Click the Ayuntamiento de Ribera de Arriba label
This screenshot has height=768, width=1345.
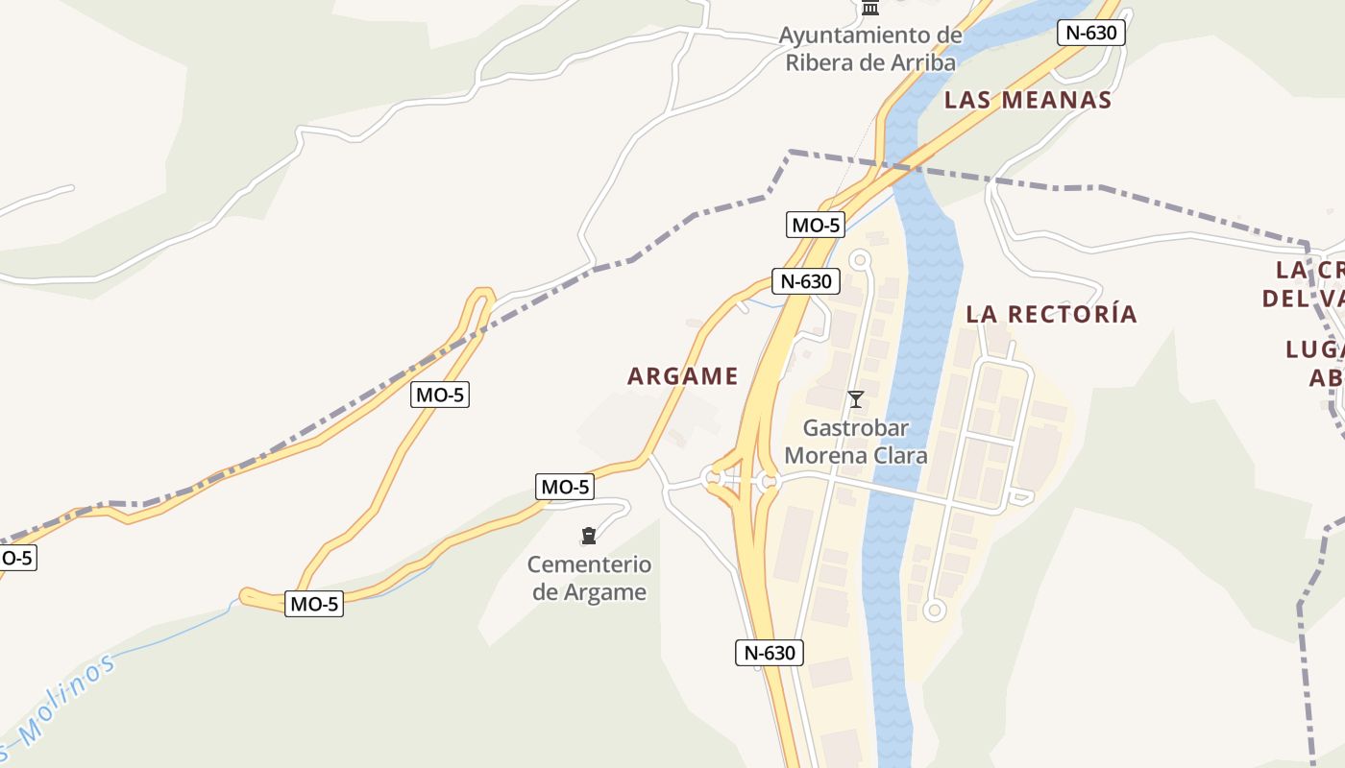coord(870,49)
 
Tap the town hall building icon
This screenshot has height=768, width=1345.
coord(870,9)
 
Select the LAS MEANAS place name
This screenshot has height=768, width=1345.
coord(1027,100)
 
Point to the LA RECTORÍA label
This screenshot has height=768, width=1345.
coord(1051,314)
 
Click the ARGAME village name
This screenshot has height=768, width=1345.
coord(682,376)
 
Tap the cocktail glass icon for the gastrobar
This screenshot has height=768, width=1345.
coord(856,399)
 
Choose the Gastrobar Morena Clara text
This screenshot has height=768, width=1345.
coord(855,442)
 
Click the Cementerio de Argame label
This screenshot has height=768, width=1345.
coord(590,578)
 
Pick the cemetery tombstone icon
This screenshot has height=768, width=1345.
coord(589,536)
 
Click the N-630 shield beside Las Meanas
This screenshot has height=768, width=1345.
coord(1090,33)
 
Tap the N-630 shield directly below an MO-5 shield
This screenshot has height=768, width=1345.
coord(806,282)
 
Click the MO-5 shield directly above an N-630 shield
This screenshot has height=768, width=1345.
coord(816,226)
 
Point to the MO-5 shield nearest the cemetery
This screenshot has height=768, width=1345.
coord(564,487)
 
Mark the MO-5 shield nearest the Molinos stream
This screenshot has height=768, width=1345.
coord(314,604)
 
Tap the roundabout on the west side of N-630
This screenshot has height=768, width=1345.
coord(713,477)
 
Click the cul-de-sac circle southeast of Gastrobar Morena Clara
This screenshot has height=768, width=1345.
coord(934,610)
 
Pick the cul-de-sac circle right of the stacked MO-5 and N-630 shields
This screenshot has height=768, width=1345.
coord(859,259)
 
